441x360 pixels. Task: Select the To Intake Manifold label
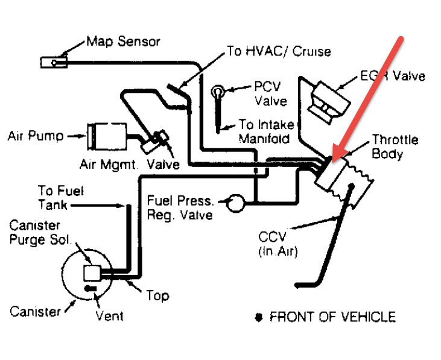tap(265, 131)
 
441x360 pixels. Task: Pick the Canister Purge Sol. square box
tap(92, 273)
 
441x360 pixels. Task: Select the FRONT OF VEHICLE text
tap(332, 317)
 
